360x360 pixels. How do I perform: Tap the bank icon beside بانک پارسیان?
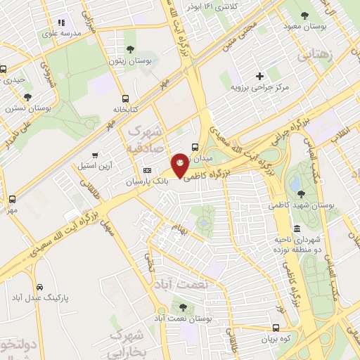147,170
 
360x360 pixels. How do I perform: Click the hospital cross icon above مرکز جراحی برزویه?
260,76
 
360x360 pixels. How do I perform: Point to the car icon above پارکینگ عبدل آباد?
41,287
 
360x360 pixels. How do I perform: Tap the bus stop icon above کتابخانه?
125,99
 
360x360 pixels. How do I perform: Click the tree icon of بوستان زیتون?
130,49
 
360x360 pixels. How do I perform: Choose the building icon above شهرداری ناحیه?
297,229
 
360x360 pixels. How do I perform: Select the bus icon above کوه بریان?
276,328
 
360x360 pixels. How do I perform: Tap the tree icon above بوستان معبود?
304,16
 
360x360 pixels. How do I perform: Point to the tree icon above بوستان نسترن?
27,98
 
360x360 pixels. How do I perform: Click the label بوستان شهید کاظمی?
302,207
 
